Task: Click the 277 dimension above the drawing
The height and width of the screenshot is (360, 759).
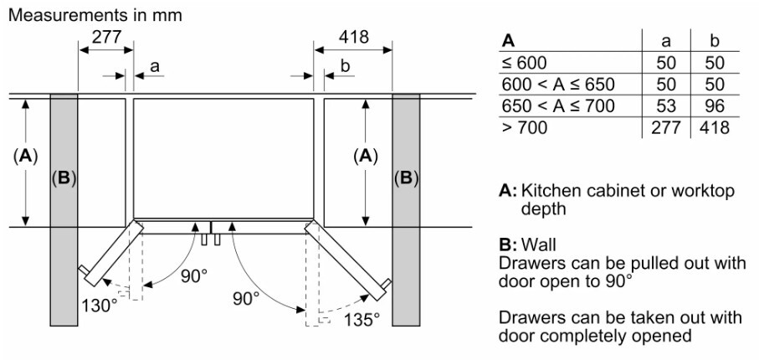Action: pyautogui.click(x=105, y=37)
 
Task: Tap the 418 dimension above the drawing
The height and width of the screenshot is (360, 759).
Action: pyautogui.click(x=353, y=37)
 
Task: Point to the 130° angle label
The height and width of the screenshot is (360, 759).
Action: pyautogui.click(x=100, y=306)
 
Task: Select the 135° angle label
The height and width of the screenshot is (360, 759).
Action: pyautogui.click(x=362, y=320)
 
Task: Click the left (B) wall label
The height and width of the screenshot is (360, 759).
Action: pyautogui.click(x=64, y=179)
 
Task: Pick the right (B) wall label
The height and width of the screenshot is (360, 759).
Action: pyautogui.click(x=406, y=179)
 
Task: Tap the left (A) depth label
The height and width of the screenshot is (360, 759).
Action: pyautogui.click(x=25, y=157)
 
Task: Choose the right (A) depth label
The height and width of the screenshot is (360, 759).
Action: pyautogui.click(x=366, y=157)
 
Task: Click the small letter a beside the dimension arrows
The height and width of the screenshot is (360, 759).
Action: pyautogui.click(x=155, y=66)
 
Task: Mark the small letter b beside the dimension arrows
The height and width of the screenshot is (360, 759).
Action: pyautogui.click(x=345, y=66)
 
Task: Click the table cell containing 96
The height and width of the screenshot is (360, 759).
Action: pyautogui.click(x=715, y=105)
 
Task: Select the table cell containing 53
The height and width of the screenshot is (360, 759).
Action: pyautogui.click(x=666, y=105)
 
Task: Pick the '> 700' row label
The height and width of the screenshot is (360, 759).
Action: pyautogui.click(x=525, y=127)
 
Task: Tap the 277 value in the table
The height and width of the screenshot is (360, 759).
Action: pyautogui.click(x=666, y=127)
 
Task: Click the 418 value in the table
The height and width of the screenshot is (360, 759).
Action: pyautogui.click(x=715, y=127)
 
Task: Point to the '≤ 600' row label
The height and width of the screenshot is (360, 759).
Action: pyautogui.click(x=524, y=63)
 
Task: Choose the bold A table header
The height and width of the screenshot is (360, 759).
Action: pyautogui.click(x=508, y=41)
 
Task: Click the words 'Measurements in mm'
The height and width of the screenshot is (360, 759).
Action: pyautogui.click(x=95, y=15)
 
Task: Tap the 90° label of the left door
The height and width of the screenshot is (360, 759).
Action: pyautogui.click(x=194, y=276)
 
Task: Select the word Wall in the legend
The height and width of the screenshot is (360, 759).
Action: pyautogui.click(x=538, y=244)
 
